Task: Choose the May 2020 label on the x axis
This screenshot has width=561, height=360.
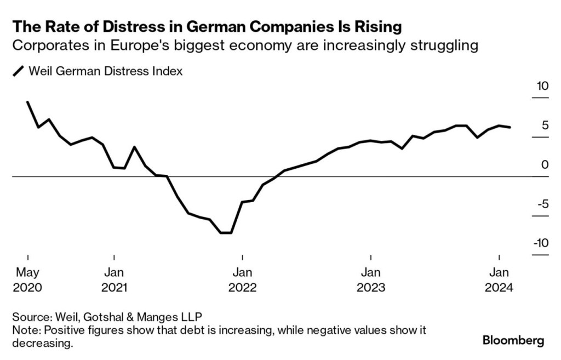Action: click(27, 279)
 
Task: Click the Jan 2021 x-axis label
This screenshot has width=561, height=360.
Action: click(114, 279)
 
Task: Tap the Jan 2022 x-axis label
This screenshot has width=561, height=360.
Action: click(243, 279)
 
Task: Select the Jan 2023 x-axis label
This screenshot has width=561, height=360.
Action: click(371, 279)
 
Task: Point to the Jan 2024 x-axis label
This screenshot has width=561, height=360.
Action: click(499, 279)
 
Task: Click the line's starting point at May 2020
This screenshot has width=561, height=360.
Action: click(27, 102)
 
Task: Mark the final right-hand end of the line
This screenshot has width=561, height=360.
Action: click(511, 127)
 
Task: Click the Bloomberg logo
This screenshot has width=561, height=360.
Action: click(513, 341)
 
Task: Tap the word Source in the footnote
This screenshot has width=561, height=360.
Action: click(31, 317)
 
